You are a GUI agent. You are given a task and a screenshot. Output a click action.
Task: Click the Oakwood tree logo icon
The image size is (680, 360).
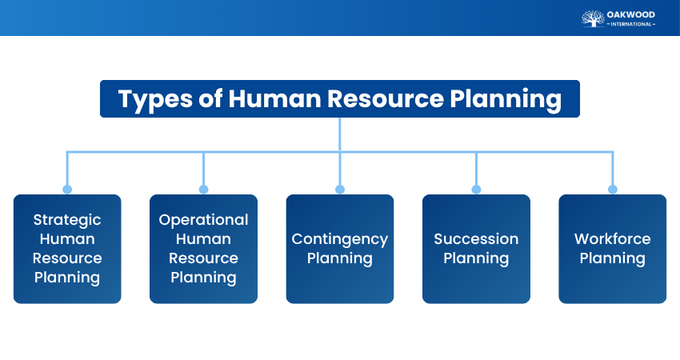592,18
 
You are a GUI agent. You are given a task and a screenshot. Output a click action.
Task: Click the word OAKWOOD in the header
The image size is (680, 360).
632,14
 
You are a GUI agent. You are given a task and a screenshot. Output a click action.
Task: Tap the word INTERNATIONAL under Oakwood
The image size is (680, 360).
632,24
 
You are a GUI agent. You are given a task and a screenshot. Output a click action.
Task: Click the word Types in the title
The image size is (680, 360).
154,99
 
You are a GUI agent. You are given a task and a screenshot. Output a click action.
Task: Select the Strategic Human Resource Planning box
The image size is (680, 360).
67,249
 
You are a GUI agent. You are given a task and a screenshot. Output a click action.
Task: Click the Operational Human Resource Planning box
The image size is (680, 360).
203,249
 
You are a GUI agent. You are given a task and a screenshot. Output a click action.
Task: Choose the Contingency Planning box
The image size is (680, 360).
340,249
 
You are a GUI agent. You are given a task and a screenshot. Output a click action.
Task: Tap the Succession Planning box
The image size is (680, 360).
476,249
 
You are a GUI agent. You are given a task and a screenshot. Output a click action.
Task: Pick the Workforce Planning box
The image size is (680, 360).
612,249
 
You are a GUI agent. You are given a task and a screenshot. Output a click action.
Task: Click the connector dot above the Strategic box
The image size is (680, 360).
67,190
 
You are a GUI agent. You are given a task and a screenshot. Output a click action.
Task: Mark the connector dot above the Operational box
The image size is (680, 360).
203,190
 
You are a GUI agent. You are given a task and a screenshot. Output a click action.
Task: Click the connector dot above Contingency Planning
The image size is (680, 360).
340,190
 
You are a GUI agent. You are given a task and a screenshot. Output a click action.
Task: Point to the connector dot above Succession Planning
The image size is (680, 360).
476,190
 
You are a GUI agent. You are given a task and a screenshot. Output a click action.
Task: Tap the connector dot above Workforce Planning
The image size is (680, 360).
613,190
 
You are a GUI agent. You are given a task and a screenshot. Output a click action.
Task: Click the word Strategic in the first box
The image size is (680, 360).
67,220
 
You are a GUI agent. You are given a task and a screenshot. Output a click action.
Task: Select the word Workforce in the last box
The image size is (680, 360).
612,239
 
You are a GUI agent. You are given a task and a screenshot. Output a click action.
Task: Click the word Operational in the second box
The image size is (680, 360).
203,220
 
